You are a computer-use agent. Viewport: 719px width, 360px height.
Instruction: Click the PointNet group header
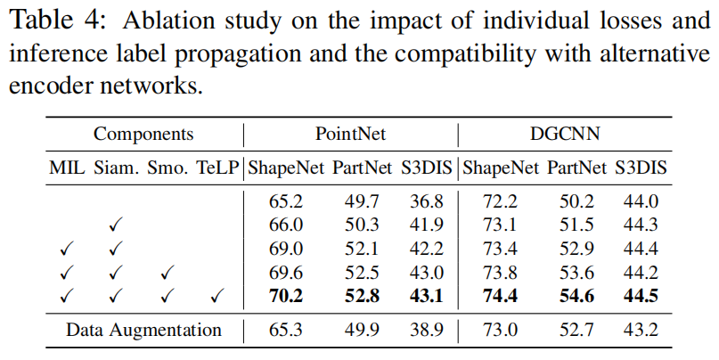point(349,135)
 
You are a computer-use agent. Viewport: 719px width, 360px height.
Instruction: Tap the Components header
point(143,135)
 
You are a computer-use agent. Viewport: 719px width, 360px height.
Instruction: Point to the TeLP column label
point(219,168)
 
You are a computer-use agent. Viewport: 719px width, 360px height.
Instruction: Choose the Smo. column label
point(167,168)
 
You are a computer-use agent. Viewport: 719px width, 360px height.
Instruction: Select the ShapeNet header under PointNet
point(286,168)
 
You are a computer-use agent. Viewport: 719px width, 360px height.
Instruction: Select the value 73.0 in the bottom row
point(501,330)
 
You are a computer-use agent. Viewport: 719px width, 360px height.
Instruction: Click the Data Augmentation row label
point(143,330)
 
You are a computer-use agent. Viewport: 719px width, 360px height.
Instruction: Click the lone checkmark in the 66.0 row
point(115,225)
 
